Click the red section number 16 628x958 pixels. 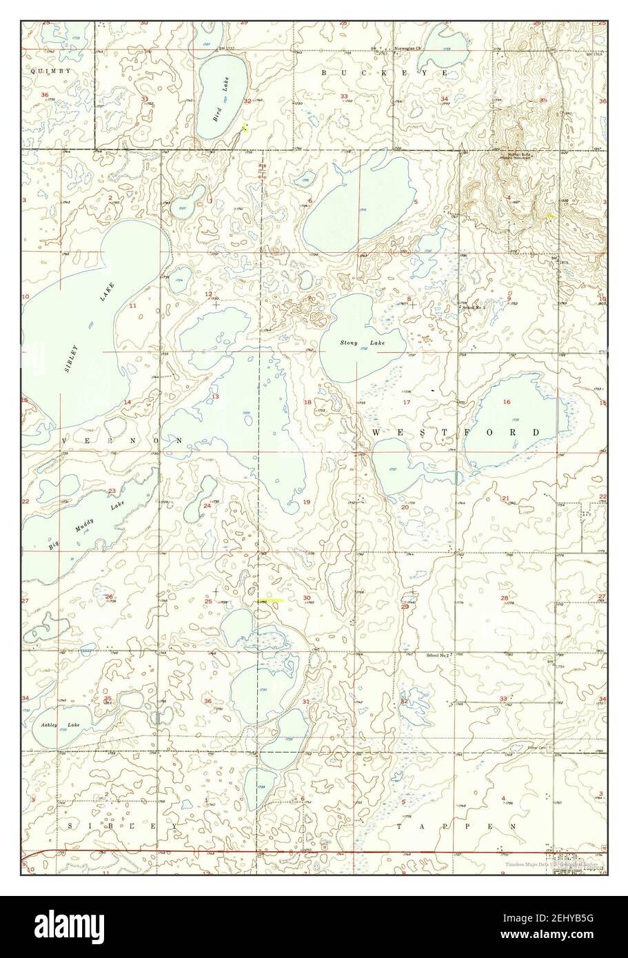[507, 402]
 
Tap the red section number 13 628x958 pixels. [215, 396]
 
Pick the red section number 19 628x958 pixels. [306, 502]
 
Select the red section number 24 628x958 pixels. [207, 506]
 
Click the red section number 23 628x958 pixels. [112, 491]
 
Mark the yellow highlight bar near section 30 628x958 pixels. [271, 601]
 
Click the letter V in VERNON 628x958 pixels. [67, 440]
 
